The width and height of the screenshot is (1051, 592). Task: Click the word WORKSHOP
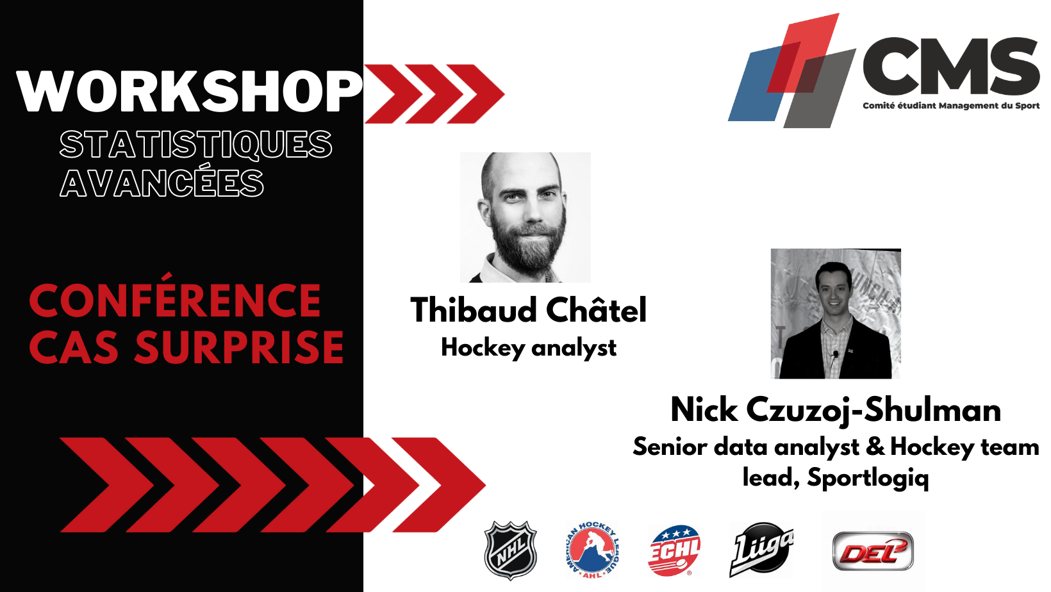tap(189, 92)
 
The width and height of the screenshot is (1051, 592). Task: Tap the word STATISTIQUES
tap(196, 145)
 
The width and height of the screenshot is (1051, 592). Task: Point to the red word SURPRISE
tap(239, 348)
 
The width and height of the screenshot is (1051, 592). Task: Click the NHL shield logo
tap(511, 550)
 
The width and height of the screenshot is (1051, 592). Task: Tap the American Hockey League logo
tap(592, 550)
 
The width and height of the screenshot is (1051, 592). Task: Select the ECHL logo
tap(674, 550)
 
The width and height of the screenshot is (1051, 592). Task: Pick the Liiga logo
tap(761, 549)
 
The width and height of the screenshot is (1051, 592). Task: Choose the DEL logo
tap(873, 551)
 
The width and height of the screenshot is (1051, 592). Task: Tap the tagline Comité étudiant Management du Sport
tap(951, 106)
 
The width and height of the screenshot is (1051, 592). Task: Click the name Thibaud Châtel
tap(528, 310)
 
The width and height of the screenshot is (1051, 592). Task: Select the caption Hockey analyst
tap(528, 349)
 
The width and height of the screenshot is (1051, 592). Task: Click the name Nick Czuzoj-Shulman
tap(836, 410)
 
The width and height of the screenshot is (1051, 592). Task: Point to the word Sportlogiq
tap(868, 478)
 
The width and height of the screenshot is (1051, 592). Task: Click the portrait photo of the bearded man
tap(525, 217)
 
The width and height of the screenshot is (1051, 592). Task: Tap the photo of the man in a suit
tap(836, 313)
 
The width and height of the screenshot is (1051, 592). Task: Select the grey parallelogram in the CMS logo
tap(819, 89)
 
